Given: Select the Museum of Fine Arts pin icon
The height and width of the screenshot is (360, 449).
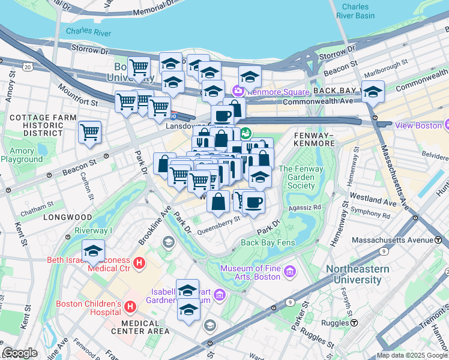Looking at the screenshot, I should click(x=290, y=272).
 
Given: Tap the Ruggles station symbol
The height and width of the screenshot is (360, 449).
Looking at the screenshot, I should click(x=354, y=323).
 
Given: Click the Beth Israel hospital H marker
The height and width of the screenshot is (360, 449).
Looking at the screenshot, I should click(x=139, y=263).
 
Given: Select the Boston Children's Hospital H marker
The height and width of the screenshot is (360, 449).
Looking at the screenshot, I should click(x=130, y=308).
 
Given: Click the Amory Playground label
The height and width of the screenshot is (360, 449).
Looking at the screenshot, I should click(x=22, y=155).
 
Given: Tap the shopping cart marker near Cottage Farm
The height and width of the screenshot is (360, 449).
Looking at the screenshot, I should click(x=89, y=131).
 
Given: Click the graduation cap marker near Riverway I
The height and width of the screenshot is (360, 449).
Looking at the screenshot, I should click(x=93, y=251).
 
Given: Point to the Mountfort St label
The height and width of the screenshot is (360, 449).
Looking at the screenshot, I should click(x=77, y=95).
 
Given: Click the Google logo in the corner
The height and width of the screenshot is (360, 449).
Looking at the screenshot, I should click(x=20, y=353).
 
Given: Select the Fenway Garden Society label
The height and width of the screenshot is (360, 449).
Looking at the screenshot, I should click(x=301, y=177).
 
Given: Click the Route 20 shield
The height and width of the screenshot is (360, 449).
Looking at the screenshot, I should click(x=27, y=67).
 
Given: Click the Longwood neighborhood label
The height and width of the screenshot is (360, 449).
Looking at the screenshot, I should click(x=67, y=217).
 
